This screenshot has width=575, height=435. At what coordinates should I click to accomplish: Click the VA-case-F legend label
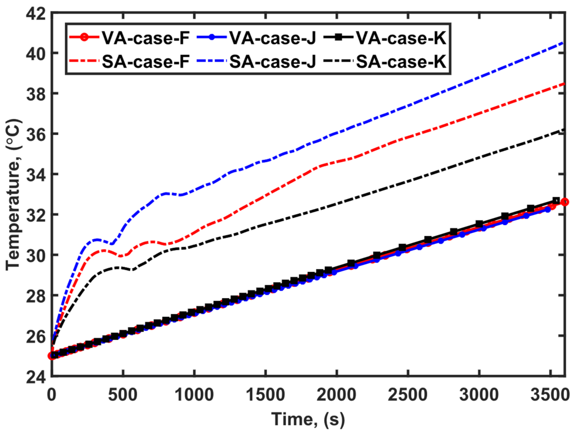coord(146,38)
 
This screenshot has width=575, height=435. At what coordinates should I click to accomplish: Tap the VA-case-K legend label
coord(401,38)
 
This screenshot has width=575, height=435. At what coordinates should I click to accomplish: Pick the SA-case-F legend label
coord(146,62)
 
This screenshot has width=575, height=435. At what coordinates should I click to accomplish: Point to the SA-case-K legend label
coord(401,62)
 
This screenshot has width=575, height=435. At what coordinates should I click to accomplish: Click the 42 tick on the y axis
coord(36,13)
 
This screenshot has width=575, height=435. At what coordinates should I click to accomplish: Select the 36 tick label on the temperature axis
coord(36,134)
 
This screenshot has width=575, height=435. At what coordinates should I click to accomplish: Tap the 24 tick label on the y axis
coord(36,376)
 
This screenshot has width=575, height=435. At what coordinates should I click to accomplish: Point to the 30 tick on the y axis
coord(36,255)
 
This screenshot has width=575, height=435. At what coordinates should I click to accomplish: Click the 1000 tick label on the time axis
coord(194,395)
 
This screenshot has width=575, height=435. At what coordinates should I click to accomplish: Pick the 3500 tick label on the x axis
coord(550,395)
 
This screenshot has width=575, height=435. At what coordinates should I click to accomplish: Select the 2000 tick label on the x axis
coord(336,395)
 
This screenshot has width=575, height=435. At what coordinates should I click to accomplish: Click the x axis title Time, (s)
coord(308,419)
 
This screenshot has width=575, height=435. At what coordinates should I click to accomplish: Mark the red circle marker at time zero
coord(52,356)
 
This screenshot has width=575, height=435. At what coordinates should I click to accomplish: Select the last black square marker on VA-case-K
coord(556,201)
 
